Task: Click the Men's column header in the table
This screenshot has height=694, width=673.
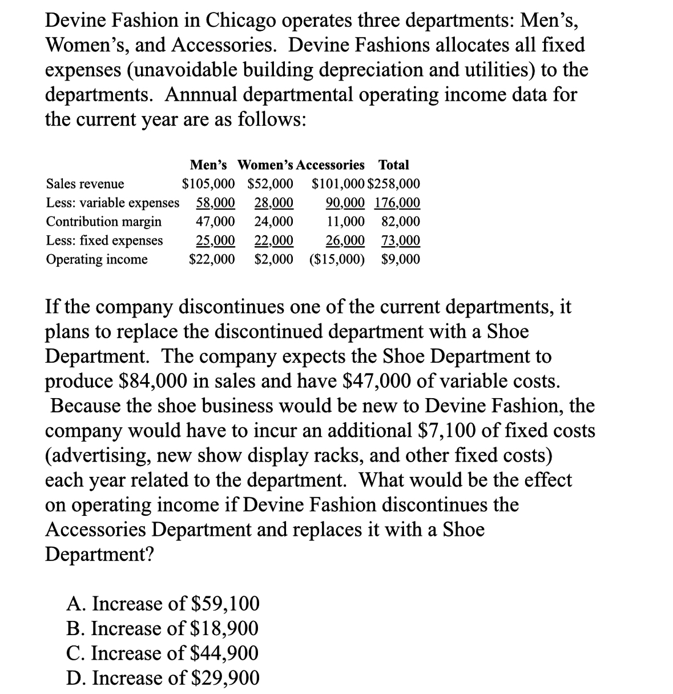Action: pos(208,165)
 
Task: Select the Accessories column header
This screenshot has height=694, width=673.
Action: pos(331,165)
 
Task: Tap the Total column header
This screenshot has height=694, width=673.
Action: pos(394,165)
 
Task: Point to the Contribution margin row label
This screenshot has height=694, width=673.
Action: pos(103,222)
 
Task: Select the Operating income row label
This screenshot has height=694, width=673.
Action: pos(96,259)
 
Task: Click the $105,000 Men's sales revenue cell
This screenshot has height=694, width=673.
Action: pos(208,184)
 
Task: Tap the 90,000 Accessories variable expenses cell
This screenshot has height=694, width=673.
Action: pos(345,203)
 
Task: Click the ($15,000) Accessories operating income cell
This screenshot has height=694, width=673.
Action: pos(337,259)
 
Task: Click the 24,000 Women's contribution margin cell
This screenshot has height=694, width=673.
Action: pos(273,222)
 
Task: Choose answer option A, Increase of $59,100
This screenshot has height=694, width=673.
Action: pos(163,603)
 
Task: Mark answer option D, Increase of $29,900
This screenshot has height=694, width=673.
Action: pos(163,678)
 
